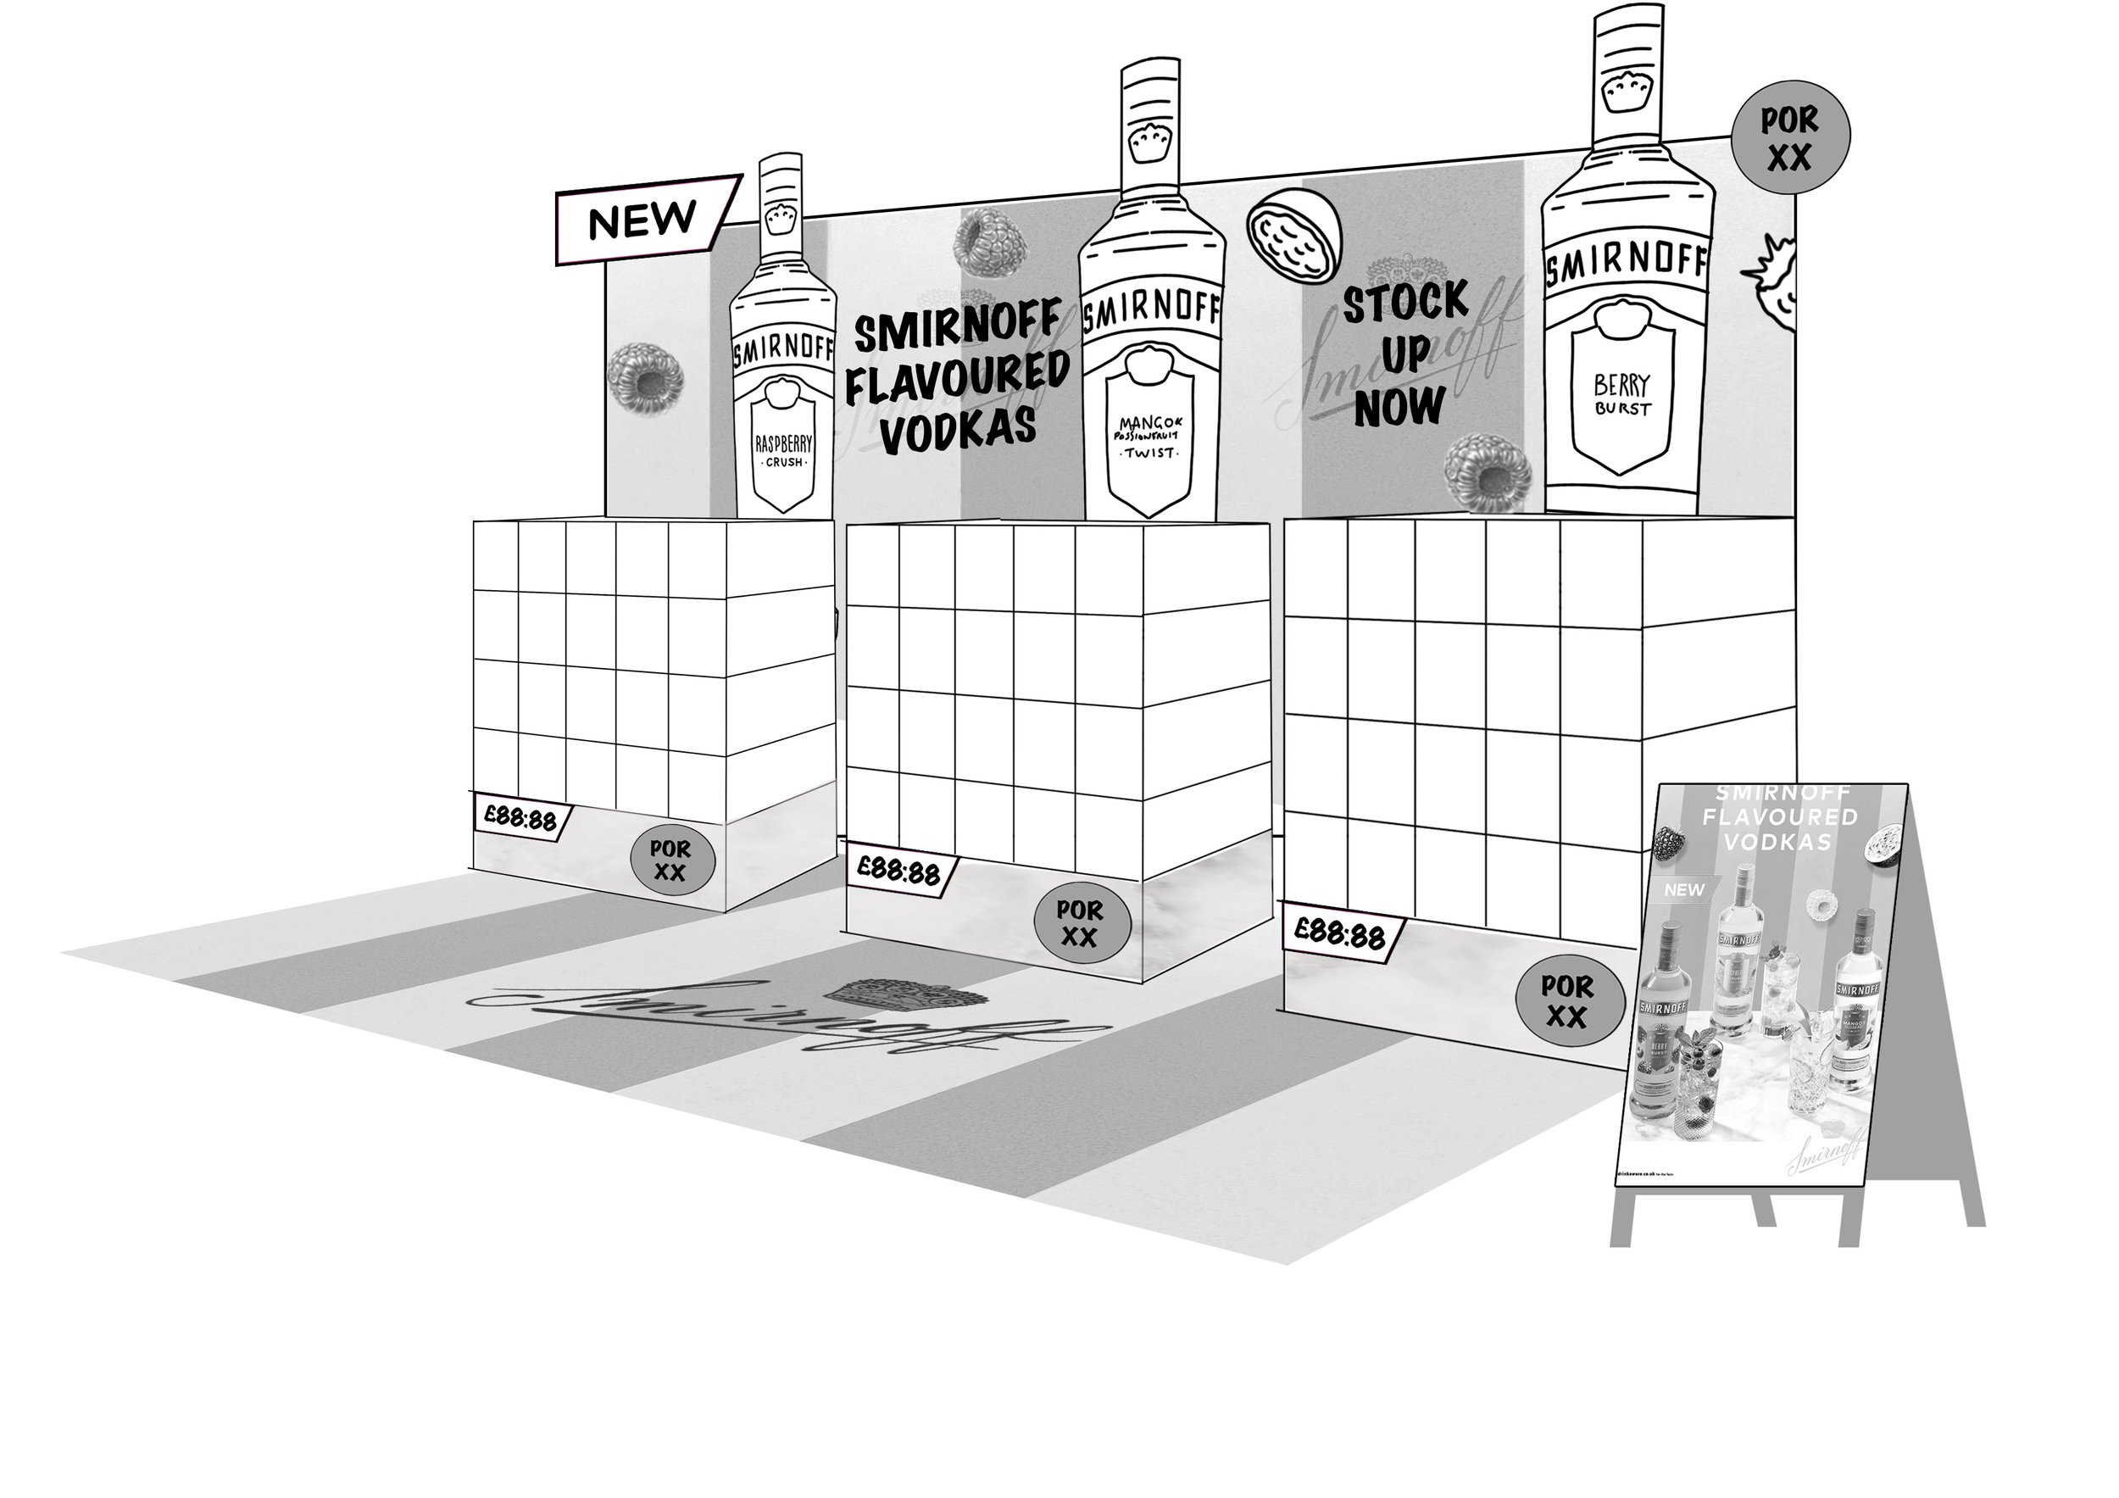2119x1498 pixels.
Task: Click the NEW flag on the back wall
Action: [x=644, y=220]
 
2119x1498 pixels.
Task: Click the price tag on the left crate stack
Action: [x=521, y=817]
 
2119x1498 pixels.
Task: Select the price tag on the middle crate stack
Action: [x=900, y=871]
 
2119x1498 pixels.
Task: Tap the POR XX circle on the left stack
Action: [x=671, y=860]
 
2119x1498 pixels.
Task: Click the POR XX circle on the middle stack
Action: [x=1080, y=924]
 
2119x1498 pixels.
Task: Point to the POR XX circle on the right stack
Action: [x=1568, y=1001]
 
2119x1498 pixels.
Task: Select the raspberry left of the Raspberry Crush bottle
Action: [x=645, y=377]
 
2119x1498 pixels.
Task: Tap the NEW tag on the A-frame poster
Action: [x=1684, y=890]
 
